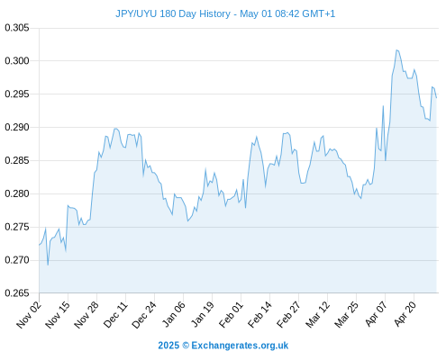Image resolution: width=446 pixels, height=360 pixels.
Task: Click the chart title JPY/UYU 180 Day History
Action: [173, 13]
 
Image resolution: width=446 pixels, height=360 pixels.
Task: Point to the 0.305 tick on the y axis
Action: [17, 28]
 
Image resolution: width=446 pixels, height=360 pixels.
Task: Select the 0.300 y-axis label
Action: [17, 61]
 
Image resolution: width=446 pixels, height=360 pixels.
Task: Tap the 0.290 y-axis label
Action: [17, 127]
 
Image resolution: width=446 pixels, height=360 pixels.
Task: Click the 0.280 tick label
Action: [17, 193]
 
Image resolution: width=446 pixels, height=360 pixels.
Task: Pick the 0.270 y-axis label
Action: [17, 260]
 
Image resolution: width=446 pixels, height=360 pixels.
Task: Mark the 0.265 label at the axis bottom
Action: [17, 293]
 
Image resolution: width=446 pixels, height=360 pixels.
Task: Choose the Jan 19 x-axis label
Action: [202, 315]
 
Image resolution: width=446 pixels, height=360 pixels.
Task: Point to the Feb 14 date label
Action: [259, 315]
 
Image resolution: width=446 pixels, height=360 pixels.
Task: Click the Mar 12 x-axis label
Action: [317, 315]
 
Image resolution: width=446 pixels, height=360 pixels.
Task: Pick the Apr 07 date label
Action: [376, 314]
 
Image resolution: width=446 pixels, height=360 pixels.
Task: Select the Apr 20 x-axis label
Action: [405, 314]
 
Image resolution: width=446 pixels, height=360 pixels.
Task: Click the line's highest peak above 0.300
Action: [396, 50]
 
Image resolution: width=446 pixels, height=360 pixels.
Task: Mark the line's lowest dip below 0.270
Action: [48, 265]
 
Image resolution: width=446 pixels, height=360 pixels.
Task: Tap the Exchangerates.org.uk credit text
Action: [240, 346]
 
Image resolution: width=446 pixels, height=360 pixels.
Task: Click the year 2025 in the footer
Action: [168, 346]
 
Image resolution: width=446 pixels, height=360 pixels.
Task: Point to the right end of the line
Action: [436, 98]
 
